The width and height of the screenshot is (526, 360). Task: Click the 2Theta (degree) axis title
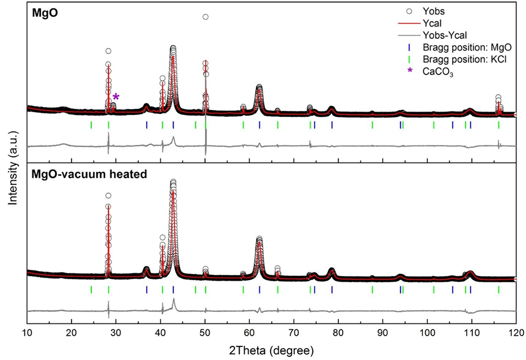pos(272,350)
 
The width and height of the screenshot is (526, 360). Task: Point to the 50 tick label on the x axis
pos(205,333)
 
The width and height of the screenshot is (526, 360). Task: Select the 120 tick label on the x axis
pos(515,333)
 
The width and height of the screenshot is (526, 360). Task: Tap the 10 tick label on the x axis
pos(27,333)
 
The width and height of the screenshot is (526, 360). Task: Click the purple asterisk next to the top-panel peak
pos(116,97)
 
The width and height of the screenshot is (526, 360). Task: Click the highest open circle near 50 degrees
pos(205,17)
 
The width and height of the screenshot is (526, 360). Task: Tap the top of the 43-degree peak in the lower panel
pos(173,182)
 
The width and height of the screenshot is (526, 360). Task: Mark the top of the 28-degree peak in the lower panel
pos(108,195)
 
